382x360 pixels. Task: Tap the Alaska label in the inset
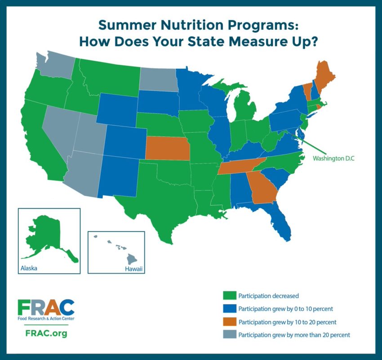tap(28, 268)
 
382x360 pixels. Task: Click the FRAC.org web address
tap(43, 334)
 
